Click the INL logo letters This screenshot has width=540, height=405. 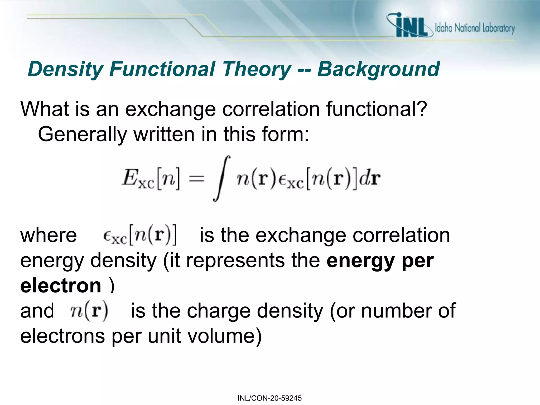[411, 26]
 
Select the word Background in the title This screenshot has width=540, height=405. [378, 69]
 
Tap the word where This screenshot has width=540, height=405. [49, 235]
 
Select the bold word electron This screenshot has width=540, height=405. [61, 286]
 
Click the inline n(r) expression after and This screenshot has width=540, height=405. [89, 311]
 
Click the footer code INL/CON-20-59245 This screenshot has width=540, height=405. [269, 398]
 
